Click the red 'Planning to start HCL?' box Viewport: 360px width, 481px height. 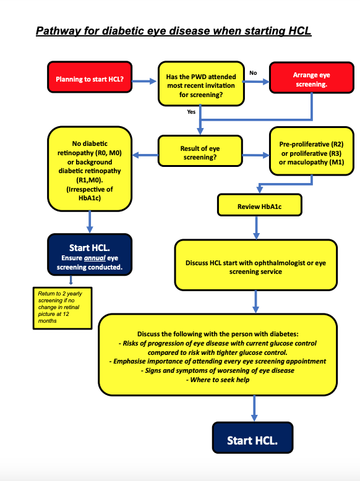click(x=90, y=77)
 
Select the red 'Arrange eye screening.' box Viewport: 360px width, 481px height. click(x=312, y=78)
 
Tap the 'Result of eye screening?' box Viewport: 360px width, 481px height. click(x=200, y=151)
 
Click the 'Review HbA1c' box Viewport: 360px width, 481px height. click(x=260, y=205)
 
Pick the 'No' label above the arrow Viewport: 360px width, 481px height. click(x=253, y=73)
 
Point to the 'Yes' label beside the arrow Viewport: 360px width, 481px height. click(x=191, y=112)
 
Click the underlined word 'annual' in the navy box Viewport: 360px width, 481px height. click(x=95, y=258)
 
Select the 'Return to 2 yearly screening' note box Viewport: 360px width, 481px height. click(x=62, y=308)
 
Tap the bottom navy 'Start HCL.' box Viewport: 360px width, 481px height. click(x=252, y=438)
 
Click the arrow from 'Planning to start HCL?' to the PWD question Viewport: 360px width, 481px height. click(x=144, y=81)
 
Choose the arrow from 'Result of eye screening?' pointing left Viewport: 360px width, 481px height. click(x=145, y=155)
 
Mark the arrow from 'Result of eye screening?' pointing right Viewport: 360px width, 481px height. click(x=255, y=155)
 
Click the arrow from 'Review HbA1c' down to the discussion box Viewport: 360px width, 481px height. click(x=257, y=228)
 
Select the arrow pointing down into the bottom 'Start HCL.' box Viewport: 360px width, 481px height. click(x=254, y=409)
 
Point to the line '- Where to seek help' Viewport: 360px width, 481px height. click(x=218, y=380)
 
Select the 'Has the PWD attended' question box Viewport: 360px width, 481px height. click(x=201, y=83)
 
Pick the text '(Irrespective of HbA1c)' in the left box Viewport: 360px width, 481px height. click(x=90, y=194)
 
